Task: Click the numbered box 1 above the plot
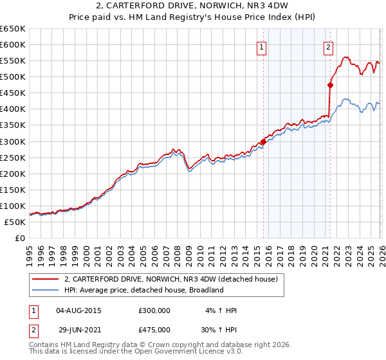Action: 262,46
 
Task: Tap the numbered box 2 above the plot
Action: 329,46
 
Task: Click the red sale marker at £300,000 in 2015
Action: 263,141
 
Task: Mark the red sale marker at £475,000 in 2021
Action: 330,84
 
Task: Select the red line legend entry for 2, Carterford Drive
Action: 170,279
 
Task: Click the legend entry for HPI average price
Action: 143,290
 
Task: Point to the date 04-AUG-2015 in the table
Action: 78,310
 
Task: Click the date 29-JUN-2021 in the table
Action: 78,329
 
